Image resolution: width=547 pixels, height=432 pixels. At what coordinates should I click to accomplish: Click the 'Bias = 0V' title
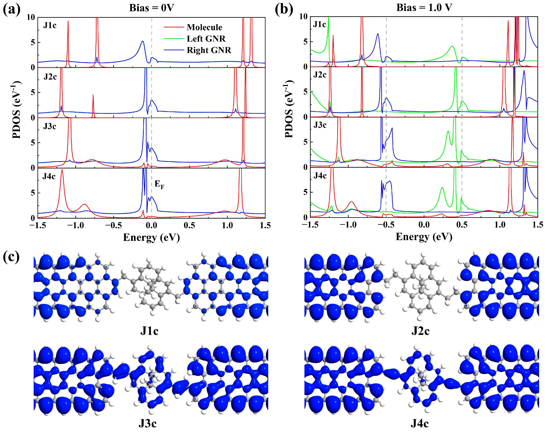point(152,8)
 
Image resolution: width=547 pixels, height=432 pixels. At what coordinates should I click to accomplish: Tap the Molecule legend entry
point(204,27)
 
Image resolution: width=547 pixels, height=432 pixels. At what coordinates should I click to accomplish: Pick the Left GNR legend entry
point(206,39)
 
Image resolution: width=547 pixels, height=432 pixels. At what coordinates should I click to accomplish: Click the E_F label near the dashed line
point(159,184)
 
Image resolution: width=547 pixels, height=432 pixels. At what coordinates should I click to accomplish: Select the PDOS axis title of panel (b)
point(289,109)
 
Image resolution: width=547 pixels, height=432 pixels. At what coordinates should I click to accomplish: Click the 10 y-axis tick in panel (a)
point(31,17)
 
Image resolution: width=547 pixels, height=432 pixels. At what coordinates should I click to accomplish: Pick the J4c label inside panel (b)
point(320,175)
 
